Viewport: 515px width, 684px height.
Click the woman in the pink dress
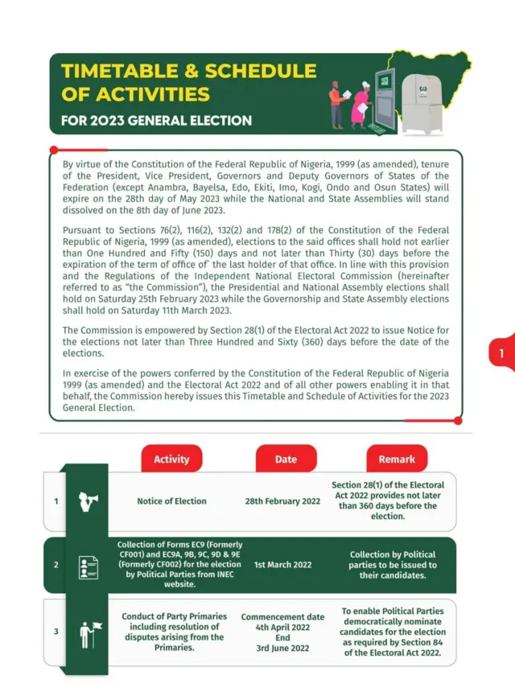pos(361,103)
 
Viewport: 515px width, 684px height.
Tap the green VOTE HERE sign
pos(385,82)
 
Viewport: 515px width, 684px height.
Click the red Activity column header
pos(171,459)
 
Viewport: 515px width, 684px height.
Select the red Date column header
pos(286,459)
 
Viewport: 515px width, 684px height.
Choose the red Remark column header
pos(397,459)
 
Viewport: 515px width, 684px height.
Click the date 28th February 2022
pos(282,501)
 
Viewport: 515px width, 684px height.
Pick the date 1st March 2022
pos(282,565)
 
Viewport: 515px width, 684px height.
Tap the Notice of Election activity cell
pos(171,501)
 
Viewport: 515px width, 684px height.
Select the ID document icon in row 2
pos(89,566)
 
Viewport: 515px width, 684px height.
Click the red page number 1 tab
pos(501,353)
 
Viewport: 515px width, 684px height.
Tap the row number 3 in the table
pos(56,632)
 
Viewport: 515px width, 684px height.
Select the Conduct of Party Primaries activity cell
pos(174,632)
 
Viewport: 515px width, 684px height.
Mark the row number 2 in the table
pos(56,565)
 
